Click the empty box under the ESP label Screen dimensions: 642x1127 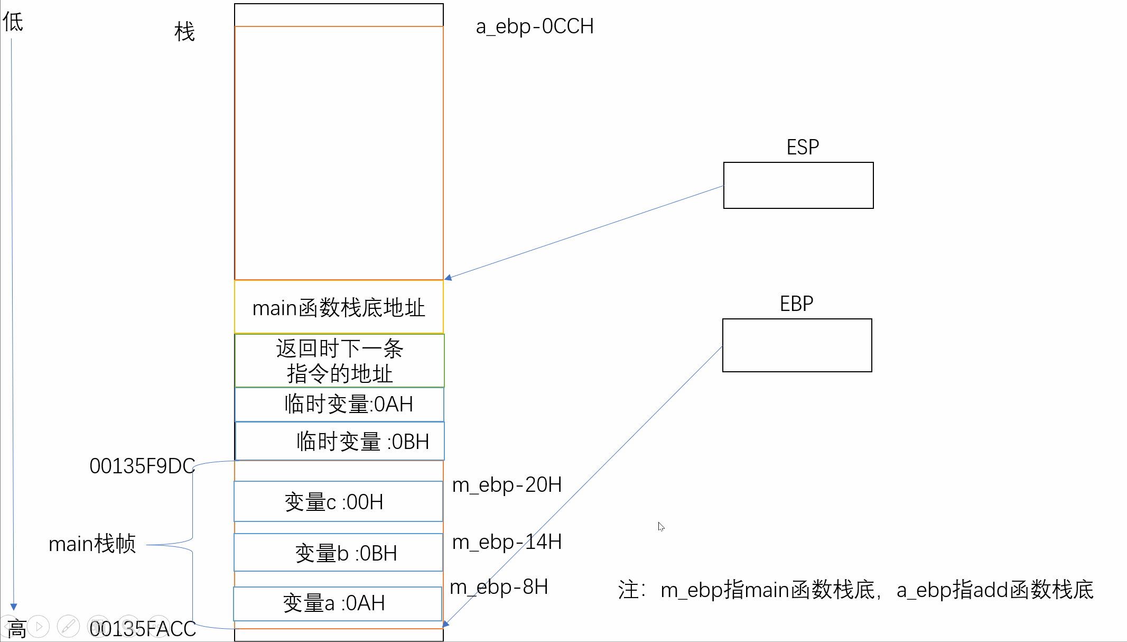[x=798, y=185]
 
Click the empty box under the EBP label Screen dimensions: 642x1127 [x=797, y=345]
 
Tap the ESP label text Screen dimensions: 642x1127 [x=803, y=147]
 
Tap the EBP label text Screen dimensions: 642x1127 [x=796, y=304]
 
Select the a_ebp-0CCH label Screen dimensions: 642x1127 [x=535, y=26]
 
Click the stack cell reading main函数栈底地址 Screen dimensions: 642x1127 [x=339, y=307]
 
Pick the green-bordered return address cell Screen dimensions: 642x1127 [x=339, y=361]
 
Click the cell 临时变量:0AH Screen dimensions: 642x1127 [x=339, y=405]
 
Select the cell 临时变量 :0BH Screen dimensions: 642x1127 [x=340, y=441]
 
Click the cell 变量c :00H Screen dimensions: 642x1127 [x=338, y=501]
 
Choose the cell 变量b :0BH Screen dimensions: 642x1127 [x=338, y=553]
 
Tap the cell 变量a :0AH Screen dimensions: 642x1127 [x=338, y=603]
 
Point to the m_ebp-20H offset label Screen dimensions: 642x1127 [x=507, y=484]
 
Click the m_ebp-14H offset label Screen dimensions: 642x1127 [x=507, y=542]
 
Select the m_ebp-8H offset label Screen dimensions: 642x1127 [x=499, y=587]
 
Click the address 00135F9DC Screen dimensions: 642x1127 [x=142, y=466]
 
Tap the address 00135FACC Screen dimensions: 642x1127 [x=143, y=629]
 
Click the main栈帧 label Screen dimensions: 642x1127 [x=92, y=544]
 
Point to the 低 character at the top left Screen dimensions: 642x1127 [x=13, y=22]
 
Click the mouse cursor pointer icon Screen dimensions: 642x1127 [x=661, y=527]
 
